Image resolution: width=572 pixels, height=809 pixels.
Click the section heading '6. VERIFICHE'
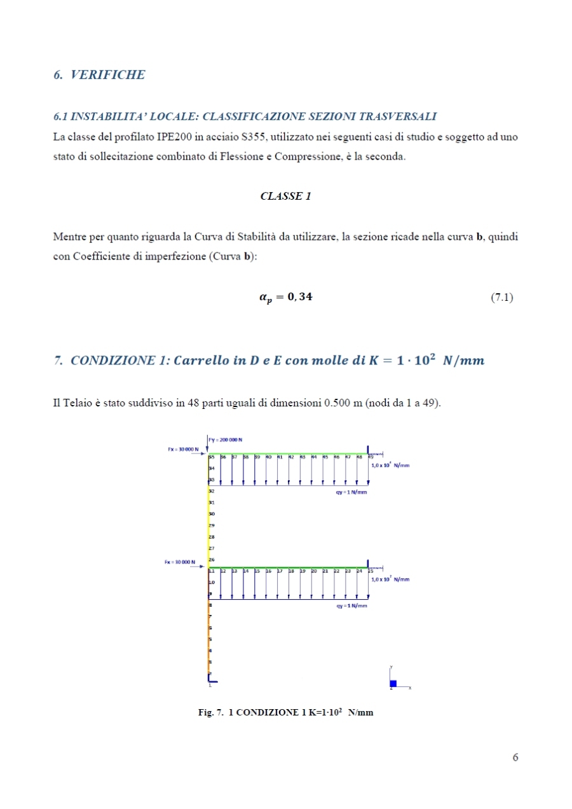pyautogui.click(x=99, y=75)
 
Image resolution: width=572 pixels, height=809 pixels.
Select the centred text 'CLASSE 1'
pyautogui.click(x=285, y=197)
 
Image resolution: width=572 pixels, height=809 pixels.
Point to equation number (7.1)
pyautogui.click(x=502, y=297)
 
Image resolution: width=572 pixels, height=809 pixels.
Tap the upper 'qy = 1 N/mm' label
pyautogui.click(x=351, y=492)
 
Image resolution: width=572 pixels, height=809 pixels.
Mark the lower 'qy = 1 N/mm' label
pyautogui.click(x=351, y=606)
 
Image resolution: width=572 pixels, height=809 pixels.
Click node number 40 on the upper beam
pyautogui.click(x=269, y=457)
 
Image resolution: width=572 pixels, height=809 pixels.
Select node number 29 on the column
pyautogui.click(x=212, y=525)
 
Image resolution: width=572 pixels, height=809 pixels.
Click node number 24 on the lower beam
pyautogui.click(x=360, y=571)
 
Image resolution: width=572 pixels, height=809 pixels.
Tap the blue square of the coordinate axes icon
pyautogui.click(x=393, y=684)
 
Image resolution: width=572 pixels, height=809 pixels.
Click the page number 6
pyautogui.click(x=515, y=757)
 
